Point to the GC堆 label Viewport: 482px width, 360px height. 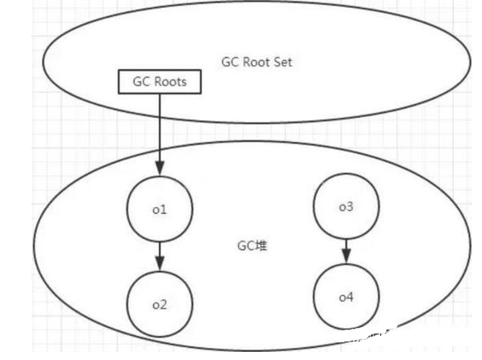click(x=255, y=246)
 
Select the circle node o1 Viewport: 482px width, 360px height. click(x=159, y=211)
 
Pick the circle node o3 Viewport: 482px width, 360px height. click(x=346, y=208)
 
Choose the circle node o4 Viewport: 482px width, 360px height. click(x=346, y=297)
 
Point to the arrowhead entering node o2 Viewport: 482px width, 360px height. click(x=159, y=267)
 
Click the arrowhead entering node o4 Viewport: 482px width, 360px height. click(x=346, y=260)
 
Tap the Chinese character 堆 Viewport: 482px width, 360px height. click(x=261, y=246)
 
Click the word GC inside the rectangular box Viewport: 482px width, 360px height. click(x=138, y=81)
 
